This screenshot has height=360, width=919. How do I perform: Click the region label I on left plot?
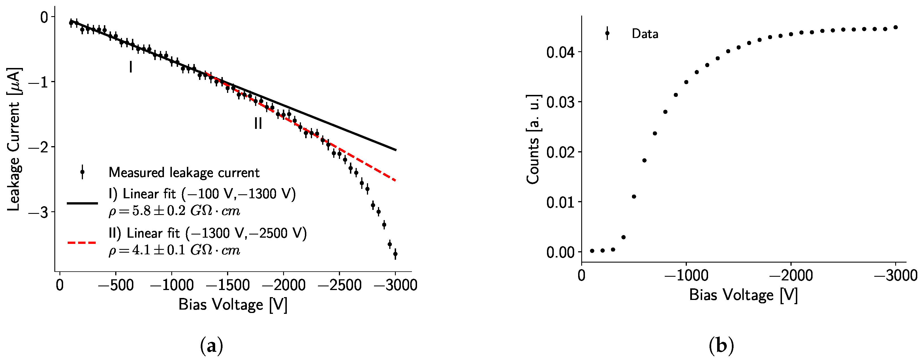[x=131, y=67]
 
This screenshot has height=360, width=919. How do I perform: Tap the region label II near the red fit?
[x=258, y=123]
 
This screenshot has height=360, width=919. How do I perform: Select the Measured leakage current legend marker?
[x=82, y=172]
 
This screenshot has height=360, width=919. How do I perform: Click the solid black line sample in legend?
[x=82, y=203]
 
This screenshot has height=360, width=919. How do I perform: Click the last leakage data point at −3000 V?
[x=395, y=254]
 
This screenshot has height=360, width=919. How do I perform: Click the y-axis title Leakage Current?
[x=14, y=139]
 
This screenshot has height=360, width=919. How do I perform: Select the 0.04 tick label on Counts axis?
[x=561, y=52]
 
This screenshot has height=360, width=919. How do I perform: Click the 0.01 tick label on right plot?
[x=561, y=202]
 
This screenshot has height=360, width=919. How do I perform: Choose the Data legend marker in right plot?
[x=607, y=33]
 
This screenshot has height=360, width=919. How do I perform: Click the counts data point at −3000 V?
[x=896, y=27]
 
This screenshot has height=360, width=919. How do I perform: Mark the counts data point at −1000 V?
[x=686, y=82]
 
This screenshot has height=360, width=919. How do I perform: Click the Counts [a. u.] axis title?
[x=533, y=139]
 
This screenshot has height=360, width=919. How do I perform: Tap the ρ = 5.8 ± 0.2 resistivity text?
[x=174, y=211]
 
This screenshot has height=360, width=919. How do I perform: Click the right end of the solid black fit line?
[x=395, y=150]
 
